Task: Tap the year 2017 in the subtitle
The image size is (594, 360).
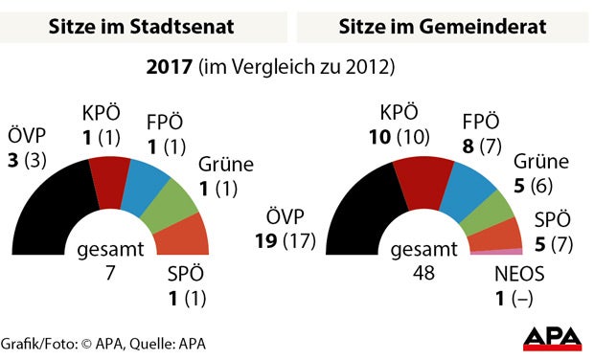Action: (168, 69)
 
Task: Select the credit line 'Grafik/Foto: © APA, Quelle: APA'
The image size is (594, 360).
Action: (103, 343)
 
